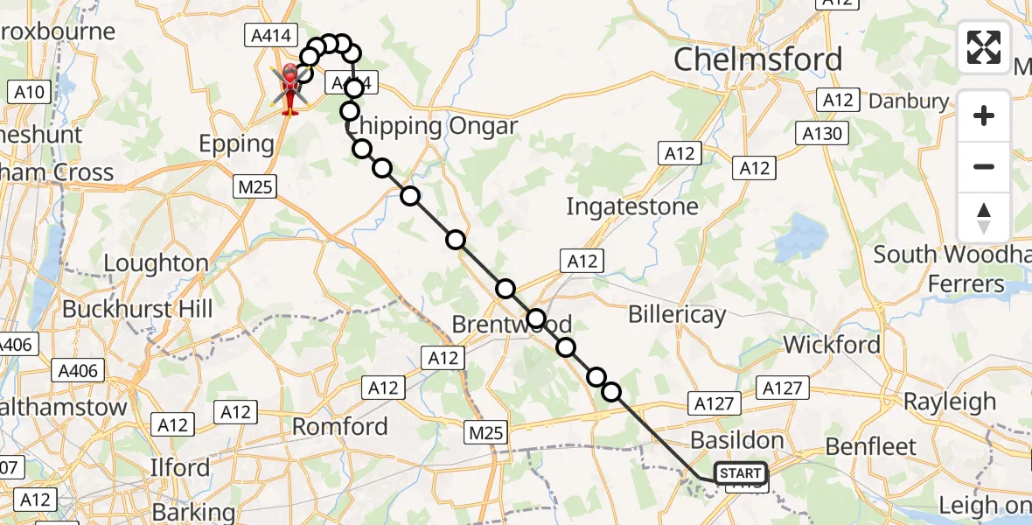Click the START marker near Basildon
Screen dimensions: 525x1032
click(741, 473)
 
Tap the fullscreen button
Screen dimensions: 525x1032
click(984, 47)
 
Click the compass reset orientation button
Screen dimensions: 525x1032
click(984, 218)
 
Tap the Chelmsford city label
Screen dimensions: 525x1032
click(759, 59)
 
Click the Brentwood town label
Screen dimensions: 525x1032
click(512, 325)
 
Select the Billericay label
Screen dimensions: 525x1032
click(677, 315)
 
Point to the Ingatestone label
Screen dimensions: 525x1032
click(632, 207)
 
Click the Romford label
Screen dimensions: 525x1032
click(339, 427)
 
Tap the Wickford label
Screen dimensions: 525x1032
click(832, 345)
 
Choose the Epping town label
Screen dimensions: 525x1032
click(236, 143)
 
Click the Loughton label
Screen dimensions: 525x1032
click(156, 263)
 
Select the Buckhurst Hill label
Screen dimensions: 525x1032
click(137, 309)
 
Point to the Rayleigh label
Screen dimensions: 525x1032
click(949, 402)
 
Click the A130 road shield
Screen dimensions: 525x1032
click(822, 134)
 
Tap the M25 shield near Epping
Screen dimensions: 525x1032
click(255, 186)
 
